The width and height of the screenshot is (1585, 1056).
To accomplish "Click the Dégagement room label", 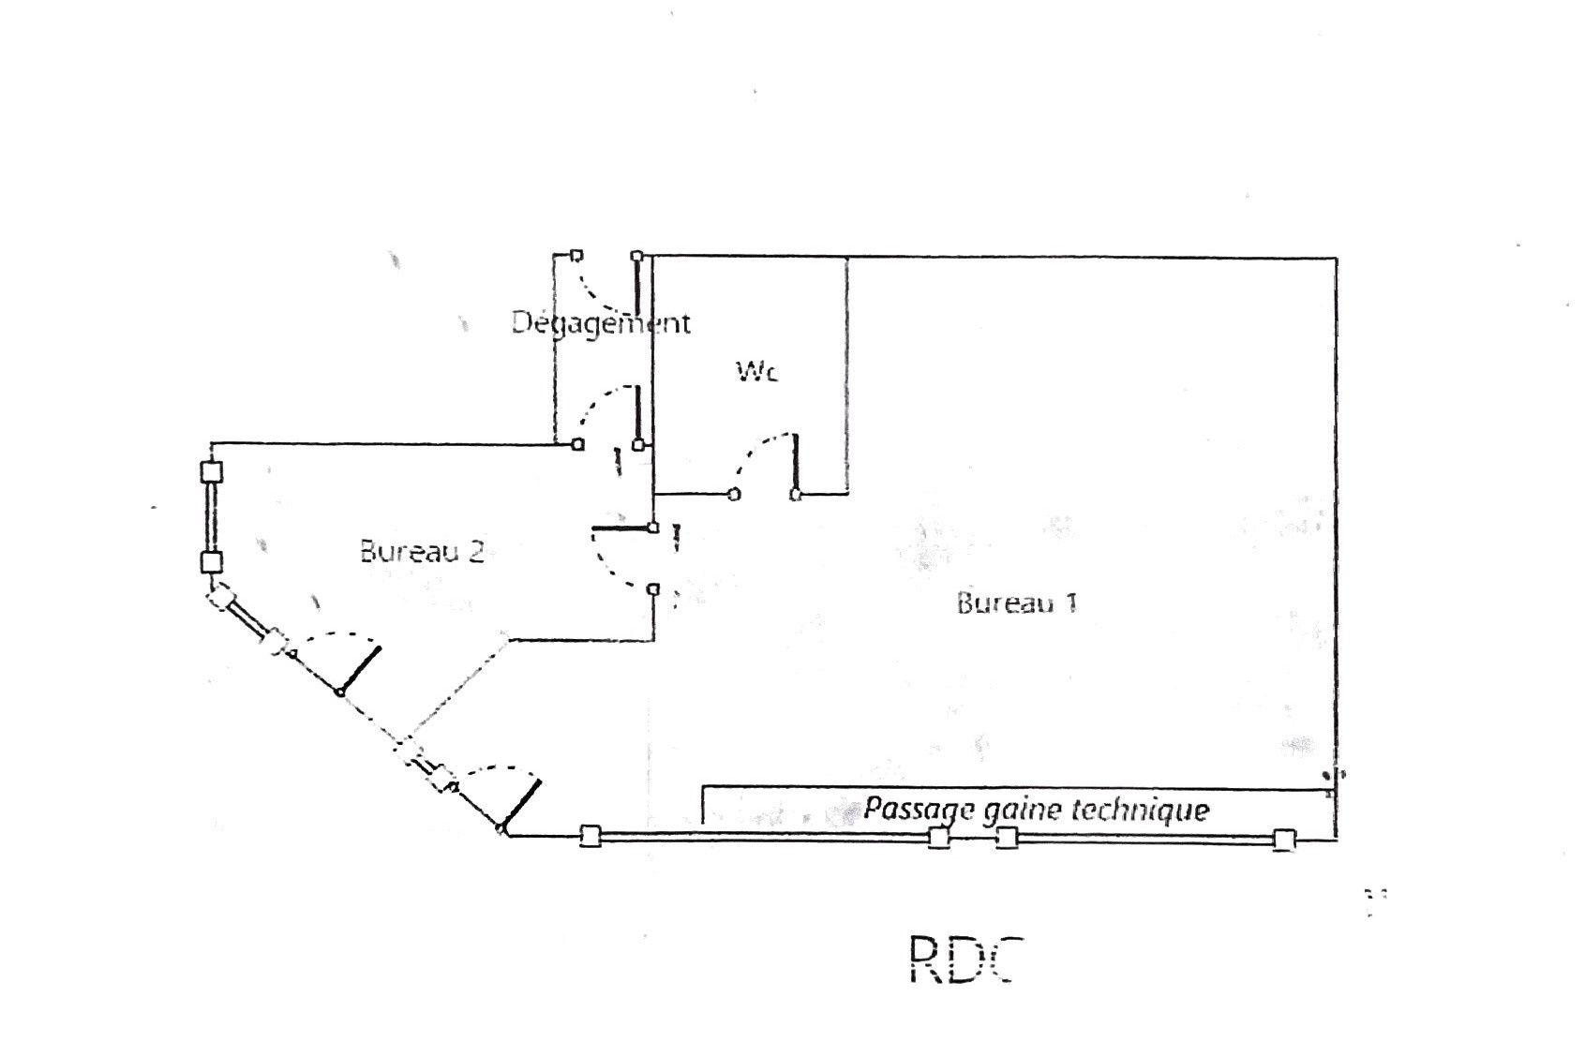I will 601,323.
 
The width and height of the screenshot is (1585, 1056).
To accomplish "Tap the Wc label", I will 756,372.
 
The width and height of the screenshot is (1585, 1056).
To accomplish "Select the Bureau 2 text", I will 422,551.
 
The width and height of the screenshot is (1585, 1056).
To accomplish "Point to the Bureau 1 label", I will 1017,602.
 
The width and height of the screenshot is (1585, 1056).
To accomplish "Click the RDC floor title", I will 963,959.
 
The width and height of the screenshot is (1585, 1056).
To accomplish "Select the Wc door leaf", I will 797,463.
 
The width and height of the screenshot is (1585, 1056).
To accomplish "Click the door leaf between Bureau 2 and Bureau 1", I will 622,530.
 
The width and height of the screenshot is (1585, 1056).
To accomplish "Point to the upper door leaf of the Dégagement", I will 637,286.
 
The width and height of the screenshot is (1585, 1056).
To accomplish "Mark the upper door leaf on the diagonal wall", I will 360,669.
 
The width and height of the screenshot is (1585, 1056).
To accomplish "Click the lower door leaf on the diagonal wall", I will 521,804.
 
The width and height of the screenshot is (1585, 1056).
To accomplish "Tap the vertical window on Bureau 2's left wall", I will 213,516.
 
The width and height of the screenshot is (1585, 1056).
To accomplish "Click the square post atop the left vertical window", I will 213,471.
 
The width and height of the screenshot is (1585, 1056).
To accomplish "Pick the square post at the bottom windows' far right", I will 1284,840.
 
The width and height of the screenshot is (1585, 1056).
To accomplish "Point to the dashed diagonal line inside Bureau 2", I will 459,690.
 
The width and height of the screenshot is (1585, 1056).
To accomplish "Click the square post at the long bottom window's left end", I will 590,836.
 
